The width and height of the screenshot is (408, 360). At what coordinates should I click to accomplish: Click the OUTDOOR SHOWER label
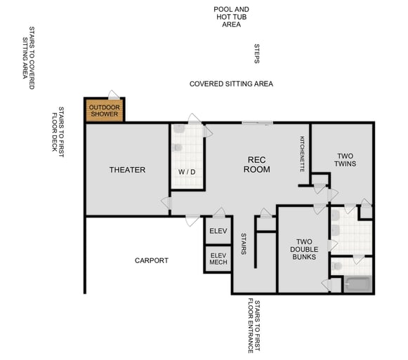coord(104,110)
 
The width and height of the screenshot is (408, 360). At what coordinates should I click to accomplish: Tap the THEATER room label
coord(127,170)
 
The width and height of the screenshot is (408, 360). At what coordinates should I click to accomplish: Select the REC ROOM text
coord(256,164)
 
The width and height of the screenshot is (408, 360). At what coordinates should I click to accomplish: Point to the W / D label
coord(186,171)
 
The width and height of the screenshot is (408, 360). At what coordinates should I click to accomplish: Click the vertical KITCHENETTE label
coord(303,154)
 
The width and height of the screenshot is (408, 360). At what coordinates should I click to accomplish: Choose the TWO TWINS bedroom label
coord(346,160)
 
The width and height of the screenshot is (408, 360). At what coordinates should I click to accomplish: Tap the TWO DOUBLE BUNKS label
coord(304,249)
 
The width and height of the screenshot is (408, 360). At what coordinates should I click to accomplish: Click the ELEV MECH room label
coord(218,260)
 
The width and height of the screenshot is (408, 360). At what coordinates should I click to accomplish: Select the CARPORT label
coord(152,260)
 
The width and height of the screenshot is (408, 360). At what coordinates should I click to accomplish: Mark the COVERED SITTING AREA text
coord(231,84)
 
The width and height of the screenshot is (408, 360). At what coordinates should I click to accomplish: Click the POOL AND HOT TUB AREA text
coord(231,17)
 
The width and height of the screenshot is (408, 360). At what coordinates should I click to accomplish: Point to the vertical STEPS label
coord(257,54)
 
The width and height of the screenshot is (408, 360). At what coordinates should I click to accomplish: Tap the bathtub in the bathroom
coord(357,284)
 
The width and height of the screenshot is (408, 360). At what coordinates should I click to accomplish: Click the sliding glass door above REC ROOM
coord(257,124)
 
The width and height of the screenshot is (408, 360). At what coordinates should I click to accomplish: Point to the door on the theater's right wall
coord(166,203)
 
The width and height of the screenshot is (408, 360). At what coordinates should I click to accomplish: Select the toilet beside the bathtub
coord(337,267)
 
